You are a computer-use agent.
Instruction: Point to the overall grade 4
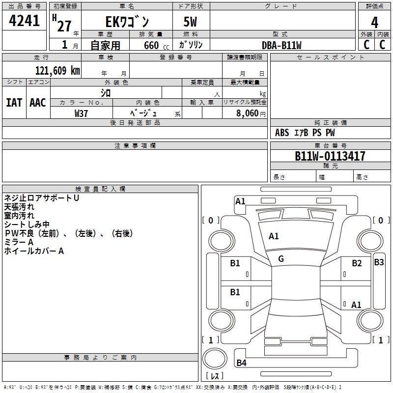tap(374, 22)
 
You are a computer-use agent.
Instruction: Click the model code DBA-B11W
tap(281, 45)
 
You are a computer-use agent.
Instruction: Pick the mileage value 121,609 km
tap(57, 70)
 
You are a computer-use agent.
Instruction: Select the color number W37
tap(81, 113)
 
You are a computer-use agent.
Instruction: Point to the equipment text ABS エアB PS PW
tap(305, 133)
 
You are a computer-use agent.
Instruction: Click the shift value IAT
tap(14, 103)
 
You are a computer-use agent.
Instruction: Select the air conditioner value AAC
tap(38, 103)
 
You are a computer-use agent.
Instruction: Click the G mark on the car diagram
tap(281, 259)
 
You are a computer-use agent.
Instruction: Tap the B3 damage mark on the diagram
tap(379, 262)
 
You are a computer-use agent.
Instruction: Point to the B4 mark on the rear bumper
tap(241, 363)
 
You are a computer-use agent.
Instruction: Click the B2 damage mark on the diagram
tap(357, 263)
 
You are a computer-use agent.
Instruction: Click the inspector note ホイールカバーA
tap(34, 251)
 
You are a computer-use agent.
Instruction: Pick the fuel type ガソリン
tap(191, 45)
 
